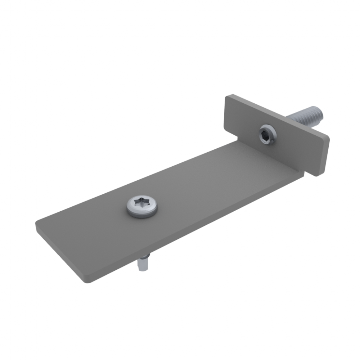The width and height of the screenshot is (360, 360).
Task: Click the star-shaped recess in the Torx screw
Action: tap(141, 204)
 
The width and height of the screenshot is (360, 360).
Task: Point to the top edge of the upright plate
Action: tap(277, 115)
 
